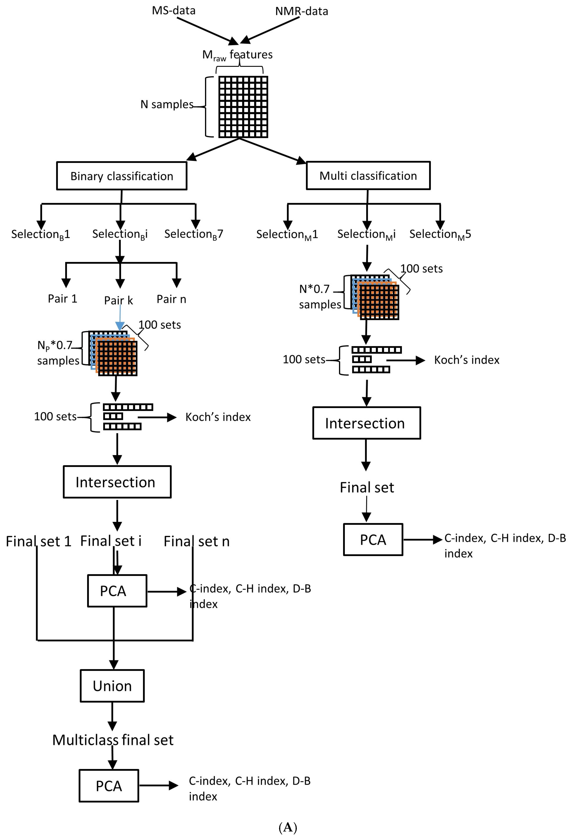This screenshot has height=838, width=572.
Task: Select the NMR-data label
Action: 301,11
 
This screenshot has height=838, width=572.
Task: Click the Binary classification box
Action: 122,176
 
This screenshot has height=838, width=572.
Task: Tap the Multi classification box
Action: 368,176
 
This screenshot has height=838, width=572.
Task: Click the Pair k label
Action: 118,300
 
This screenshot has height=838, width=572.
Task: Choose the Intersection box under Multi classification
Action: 366,423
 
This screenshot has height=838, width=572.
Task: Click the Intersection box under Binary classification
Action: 117,482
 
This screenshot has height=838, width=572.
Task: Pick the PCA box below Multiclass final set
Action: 109,786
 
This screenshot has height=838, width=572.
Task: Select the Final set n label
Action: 196,541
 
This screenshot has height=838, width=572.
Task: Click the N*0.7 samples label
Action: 320,296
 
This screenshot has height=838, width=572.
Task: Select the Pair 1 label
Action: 62,299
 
